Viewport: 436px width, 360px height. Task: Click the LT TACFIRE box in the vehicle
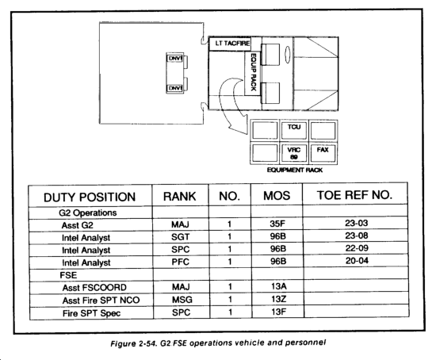[x=230, y=44]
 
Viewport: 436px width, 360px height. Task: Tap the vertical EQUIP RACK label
[x=254, y=72]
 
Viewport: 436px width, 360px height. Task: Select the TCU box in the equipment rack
[x=294, y=130]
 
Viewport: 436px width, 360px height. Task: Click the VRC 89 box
[x=294, y=153]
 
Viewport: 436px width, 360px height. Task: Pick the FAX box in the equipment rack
[x=323, y=153]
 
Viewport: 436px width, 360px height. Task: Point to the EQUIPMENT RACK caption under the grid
[x=295, y=170]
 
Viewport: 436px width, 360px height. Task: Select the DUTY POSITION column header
[x=90, y=197]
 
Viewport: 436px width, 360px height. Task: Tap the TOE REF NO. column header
[x=355, y=195]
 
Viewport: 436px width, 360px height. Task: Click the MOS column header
[x=277, y=196]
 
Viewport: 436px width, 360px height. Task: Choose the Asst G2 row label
[x=78, y=225]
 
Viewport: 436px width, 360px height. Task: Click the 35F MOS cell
[x=277, y=224]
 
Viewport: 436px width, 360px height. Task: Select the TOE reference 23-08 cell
[x=357, y=236]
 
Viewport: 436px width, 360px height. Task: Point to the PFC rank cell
[x=180, y=262]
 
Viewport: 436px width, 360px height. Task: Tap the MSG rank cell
[x=182, y=300]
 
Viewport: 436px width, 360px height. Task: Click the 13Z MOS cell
[x=278, y=299]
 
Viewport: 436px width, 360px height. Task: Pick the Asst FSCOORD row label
[x=94, y=288]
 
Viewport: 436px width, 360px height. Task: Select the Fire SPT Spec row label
[x=91, y=313]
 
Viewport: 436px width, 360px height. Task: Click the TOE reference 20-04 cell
[x=357, y=261]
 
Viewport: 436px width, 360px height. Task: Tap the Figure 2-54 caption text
[x=218, y=343]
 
